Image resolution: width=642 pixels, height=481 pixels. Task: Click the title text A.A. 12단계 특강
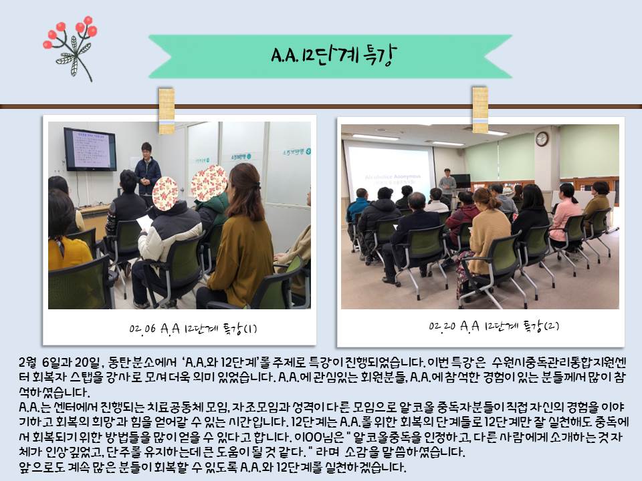click(x=334, y=55)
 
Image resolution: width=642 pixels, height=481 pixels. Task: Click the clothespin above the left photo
click(x=167, y=110)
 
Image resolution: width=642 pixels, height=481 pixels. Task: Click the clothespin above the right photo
click(x=480, y=109)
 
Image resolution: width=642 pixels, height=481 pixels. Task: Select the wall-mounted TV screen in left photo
click(x=90, y=149)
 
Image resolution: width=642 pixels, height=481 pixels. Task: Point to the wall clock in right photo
click(x=542, y=139)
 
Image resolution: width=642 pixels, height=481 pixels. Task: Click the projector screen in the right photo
click(x=389, y=171)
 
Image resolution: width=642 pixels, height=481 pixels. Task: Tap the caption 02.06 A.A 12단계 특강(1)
click(x=193, y=329)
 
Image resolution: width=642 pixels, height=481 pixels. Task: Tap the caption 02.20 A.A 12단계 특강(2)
click(x=494, y=326)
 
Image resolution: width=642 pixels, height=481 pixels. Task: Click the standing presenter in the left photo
click(x=147, y=170)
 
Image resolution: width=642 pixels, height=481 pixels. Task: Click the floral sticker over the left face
click(x=165, y=194)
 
